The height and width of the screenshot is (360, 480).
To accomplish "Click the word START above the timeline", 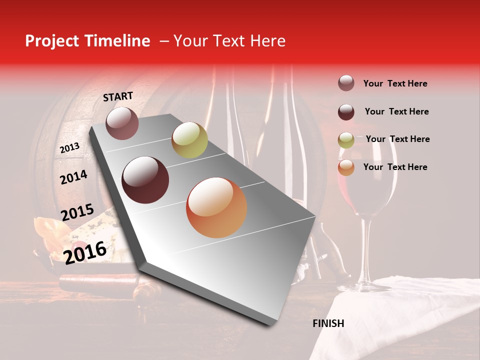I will (118, 96).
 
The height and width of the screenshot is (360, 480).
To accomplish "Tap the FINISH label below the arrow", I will (328, 323).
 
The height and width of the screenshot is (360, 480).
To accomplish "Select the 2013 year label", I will (69, 148).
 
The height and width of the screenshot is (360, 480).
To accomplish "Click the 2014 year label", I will (73, 177).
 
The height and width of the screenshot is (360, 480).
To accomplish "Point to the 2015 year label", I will (77, 212).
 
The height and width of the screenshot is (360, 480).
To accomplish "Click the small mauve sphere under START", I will (122, 123).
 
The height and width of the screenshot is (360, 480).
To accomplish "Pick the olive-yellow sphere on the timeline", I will (189, 140).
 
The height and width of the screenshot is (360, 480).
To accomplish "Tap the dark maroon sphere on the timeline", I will (145, 180).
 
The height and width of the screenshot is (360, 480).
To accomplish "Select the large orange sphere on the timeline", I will (216, 207).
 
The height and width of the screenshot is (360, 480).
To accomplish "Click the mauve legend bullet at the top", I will (346, 83).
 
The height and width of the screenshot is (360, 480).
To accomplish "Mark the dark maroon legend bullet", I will (346, 112).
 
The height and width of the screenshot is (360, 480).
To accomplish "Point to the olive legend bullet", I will (346, 140).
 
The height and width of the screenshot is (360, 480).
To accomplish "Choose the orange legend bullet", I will (346, 167).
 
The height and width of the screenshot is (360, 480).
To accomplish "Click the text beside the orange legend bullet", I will (395, 167).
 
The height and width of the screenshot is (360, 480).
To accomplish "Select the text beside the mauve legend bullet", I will (395, 83).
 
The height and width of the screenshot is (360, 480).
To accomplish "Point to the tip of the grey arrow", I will (270, 325).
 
